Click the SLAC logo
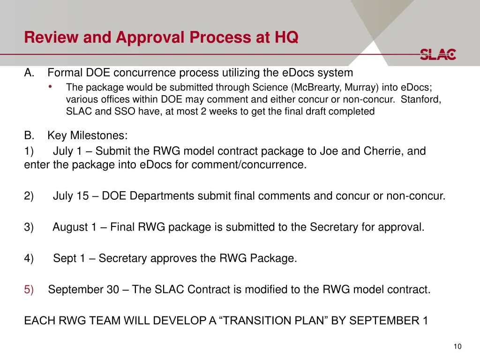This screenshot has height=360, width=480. pyautogui.click(x=438, y=54)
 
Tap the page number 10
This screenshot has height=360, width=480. pyautogui.click(x=457, y=346)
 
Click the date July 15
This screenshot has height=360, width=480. pyautogui.click(x=71, y=196)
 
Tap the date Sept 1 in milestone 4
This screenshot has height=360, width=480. pyautogui.click(x=69, y=258)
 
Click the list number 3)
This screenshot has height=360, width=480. pyautogui.click(x=29, y=227)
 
